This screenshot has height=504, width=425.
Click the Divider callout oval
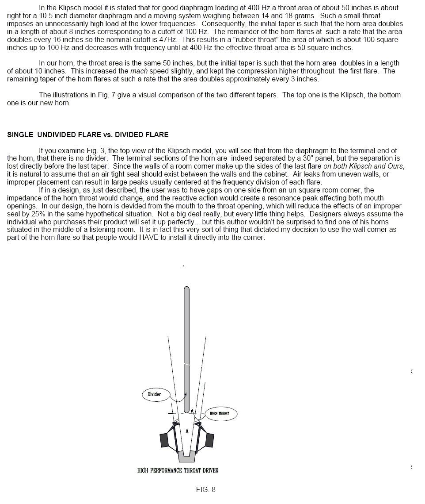(154, 394)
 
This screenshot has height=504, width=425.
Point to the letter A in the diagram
(187, 431)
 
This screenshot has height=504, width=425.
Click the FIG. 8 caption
(206, 489)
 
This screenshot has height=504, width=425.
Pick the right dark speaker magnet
(210, 440)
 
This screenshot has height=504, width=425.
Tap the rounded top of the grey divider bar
(186, 290)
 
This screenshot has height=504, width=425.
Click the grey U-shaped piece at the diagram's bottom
(186, 455)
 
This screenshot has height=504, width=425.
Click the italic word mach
(139, 71)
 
